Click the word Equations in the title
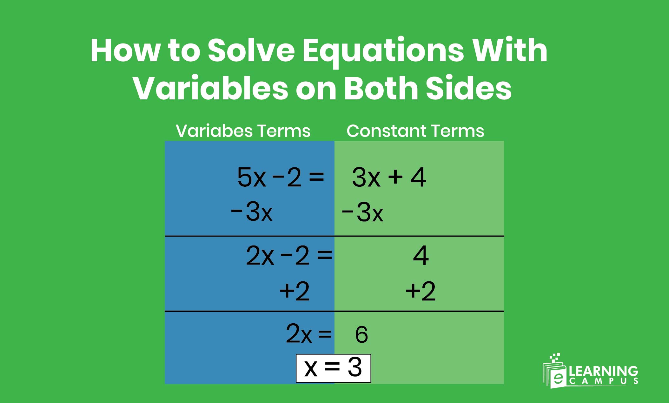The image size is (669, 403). (x=383, y=51)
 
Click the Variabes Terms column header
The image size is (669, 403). (x=243, y=131)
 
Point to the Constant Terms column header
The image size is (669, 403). (x=415, y=131)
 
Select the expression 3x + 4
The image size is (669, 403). (x=389, y=177)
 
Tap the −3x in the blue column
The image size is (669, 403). (x=251, y=212)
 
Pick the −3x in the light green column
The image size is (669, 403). (x=362, y=212)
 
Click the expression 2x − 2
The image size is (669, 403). (x=277, y=256)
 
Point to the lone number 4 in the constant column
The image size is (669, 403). (x=421, y=256)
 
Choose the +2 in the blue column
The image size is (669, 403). (x=295, y=291)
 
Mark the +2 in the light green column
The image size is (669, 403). (x=421, y=291)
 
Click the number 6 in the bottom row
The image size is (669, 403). (x=361, y=334)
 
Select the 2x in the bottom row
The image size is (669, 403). (x=299, y=333)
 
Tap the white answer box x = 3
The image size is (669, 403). (x=333, y=368)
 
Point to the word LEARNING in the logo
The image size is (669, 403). (x=603, y=371)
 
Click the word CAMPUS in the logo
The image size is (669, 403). (x=603, y=381)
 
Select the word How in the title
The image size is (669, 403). (x=125, y=51)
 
